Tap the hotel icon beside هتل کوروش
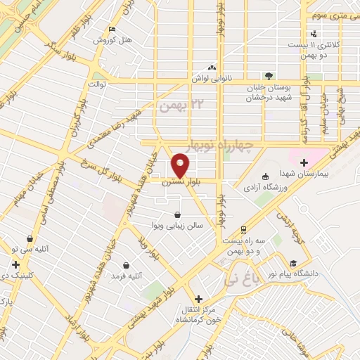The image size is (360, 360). [112, 29]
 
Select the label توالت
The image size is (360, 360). [96, 84]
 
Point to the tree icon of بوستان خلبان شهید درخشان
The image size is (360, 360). [268, 75]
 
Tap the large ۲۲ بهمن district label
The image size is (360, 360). [175, 106]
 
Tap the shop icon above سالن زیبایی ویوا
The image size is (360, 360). [178, 214]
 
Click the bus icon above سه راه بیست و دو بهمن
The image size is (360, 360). [243, 229]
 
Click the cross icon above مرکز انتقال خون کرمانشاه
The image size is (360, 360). [198, 298]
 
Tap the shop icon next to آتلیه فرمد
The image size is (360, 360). [126, 266]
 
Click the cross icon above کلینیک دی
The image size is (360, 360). [15, 265]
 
